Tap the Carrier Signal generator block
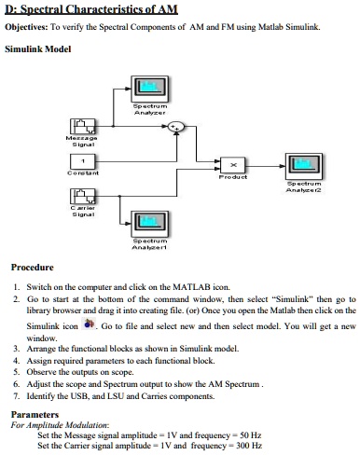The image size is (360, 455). coord(83,197)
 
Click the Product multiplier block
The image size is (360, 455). coord(232,164)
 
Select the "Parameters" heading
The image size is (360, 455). coord(35,415)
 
